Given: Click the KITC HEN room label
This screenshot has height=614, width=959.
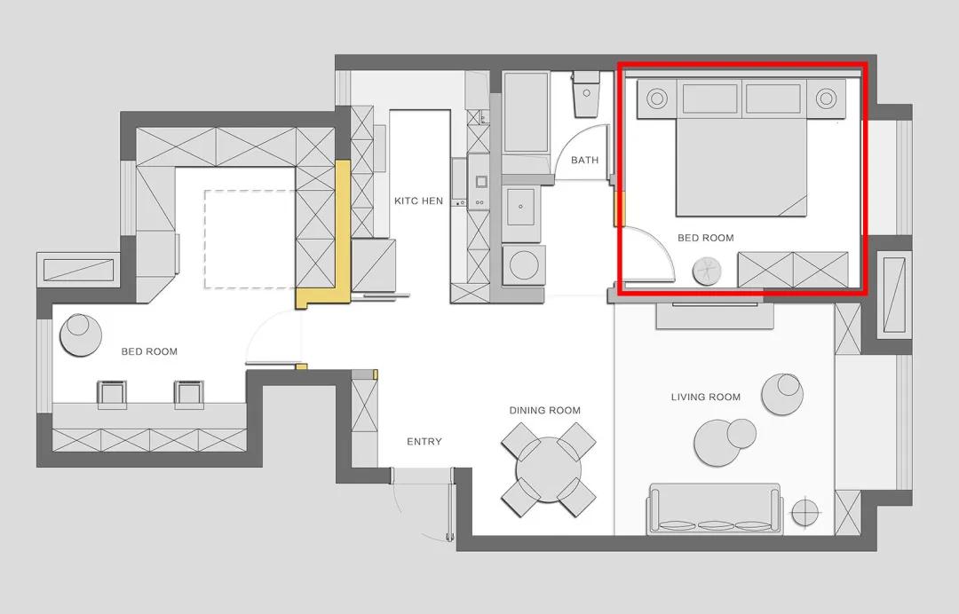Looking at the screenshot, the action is (418, 201).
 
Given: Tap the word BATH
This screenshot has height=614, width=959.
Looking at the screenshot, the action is (584, 160).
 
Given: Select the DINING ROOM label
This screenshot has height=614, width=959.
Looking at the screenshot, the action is (545, 411).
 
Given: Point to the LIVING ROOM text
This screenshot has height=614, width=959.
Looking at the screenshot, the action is (706, 398).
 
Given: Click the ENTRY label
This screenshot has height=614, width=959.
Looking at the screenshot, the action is (424, 442).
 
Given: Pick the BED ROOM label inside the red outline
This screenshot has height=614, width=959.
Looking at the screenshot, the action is (706, 238).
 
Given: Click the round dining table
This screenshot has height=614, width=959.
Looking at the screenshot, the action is (549, 469).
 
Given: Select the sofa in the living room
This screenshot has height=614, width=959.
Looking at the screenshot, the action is (715, 509).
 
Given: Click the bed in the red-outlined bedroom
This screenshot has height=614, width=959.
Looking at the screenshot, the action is (741, 168).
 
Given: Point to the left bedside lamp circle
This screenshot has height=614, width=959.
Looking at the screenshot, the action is (657, 98).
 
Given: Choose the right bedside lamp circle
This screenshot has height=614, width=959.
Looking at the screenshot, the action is (826, 98).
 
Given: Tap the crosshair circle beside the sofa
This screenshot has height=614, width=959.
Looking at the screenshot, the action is (806, 512).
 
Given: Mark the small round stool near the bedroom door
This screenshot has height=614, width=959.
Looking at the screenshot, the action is (707, 271).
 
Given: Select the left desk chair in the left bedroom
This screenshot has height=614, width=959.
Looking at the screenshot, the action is (112, 394).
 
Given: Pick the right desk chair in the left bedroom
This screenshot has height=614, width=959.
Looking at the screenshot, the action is (188, 394).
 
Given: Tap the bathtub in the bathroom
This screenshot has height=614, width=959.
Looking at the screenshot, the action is (526, 113).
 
